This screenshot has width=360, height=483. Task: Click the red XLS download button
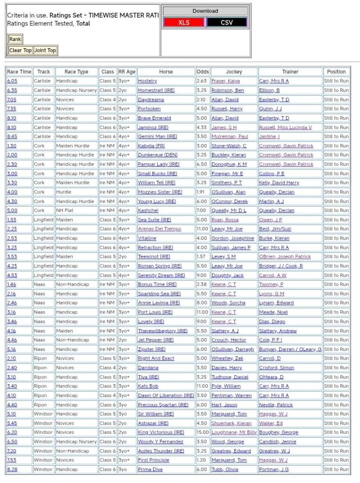coord(184,22)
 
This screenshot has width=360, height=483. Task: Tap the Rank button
coord(15,39)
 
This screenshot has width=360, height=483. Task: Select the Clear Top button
coord(20,50)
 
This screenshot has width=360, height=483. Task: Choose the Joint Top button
coord(45,50)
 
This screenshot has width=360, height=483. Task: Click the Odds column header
coord(203,72)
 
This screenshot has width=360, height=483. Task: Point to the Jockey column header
coord(234,72)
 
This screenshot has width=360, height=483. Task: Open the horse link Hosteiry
coord(147,81)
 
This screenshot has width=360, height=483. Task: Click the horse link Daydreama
coord(151,100)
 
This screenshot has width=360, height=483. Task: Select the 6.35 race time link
coord(12,90)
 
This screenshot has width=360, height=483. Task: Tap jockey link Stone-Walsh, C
coord(229,146)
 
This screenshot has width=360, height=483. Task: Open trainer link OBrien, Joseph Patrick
coord(284,257)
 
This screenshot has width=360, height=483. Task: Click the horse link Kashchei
coord(147,211)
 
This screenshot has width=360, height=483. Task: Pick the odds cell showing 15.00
coord(202,432)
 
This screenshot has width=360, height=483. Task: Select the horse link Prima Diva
coord(150,469)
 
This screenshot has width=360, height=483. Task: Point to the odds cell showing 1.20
coord(202,460)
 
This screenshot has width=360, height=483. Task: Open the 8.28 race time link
coord(12,469)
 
